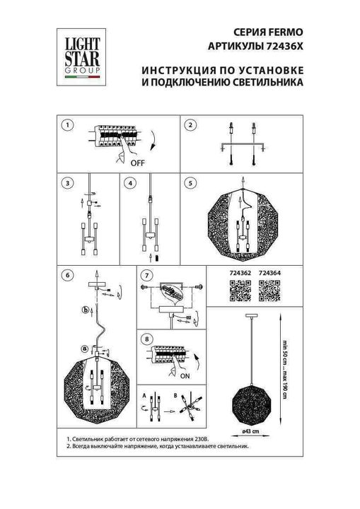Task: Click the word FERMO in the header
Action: tap(288, 32)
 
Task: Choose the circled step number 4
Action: tap(129, 183)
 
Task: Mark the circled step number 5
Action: tap(190, 183)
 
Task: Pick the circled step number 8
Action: tap(147, 339)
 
